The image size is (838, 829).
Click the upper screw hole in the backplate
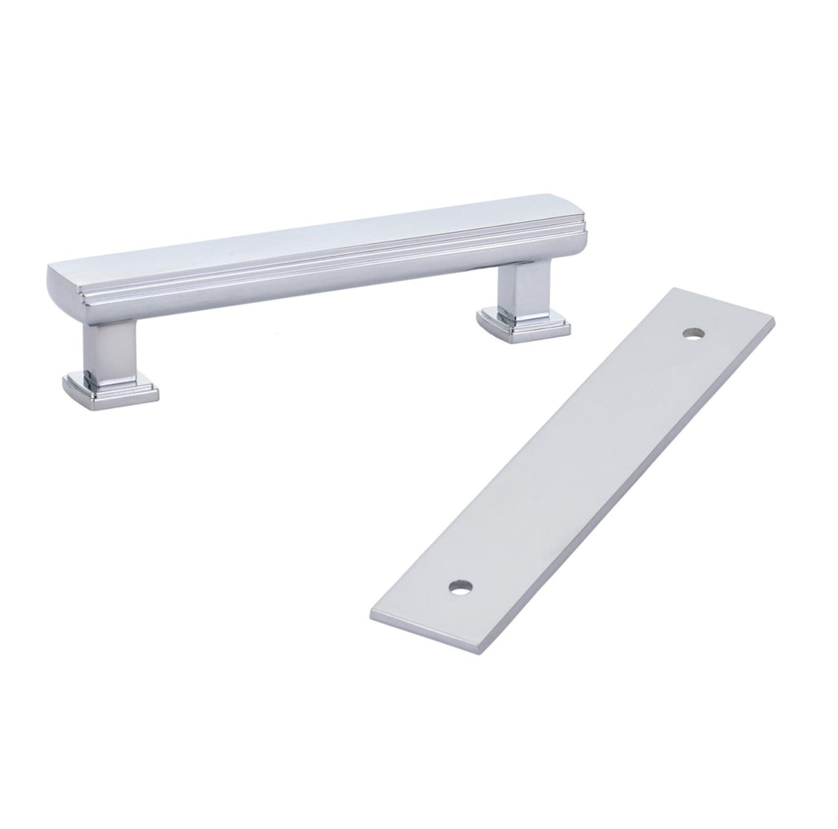pos(691,335)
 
